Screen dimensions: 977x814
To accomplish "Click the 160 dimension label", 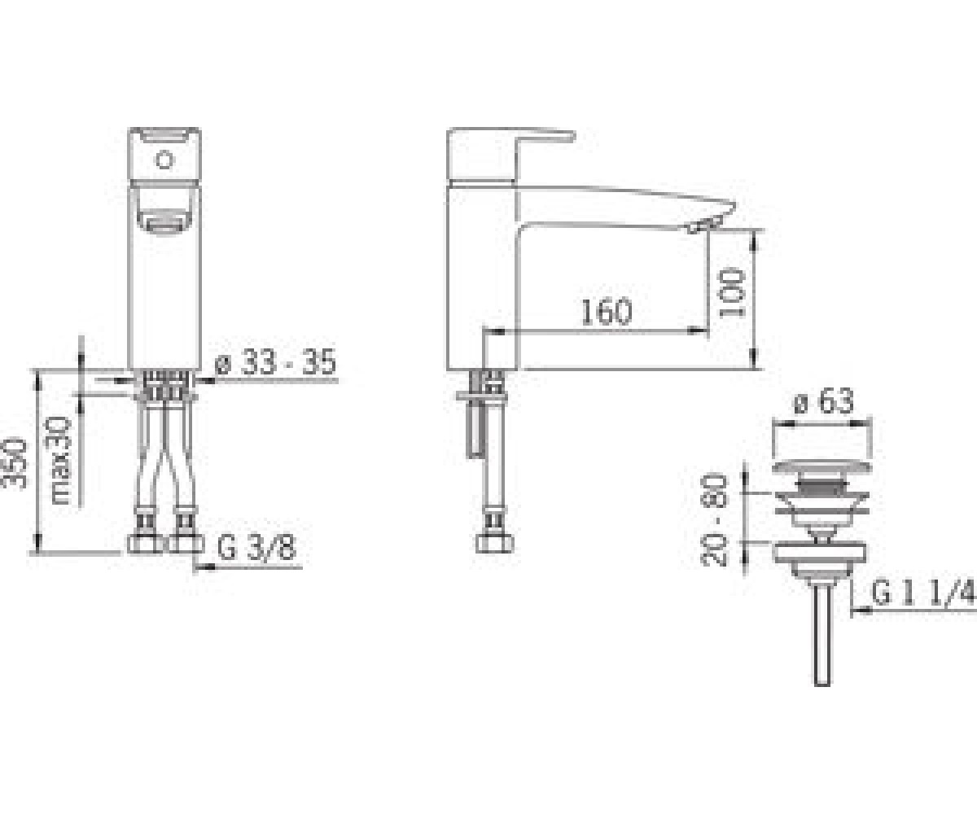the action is point(607,312).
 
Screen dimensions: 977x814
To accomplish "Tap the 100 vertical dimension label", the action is point(731,294).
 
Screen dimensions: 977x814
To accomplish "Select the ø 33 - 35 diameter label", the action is point(276,361).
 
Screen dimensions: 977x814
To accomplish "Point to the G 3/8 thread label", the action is point(257,548).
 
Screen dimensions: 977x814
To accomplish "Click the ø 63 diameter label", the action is point(824,400).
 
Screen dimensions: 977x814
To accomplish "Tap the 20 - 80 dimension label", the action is point(715,520).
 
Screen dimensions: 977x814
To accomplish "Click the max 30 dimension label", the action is point(61,461).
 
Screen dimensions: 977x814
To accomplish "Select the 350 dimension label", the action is point(14,463).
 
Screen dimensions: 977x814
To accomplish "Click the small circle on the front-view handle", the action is point(164,160).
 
